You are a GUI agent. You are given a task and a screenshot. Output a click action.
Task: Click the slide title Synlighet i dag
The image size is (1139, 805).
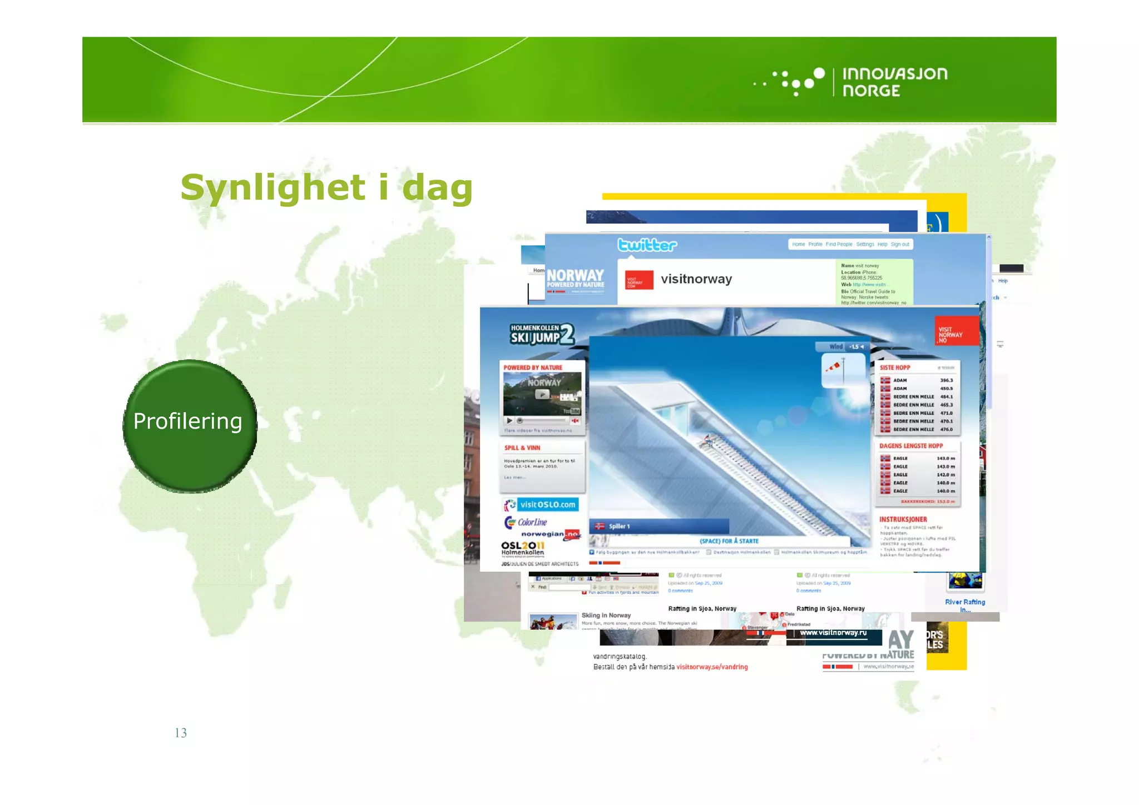(x=326, y=187)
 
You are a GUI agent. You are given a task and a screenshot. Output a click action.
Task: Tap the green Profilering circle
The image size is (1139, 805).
(x=190, y=425)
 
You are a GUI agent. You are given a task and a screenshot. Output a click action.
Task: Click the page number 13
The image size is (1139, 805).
(x=181, y=733)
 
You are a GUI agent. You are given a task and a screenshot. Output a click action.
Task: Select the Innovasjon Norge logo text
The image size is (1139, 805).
(x=894, y=82)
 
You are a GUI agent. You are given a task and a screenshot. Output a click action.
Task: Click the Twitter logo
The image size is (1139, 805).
(x=647, y=245)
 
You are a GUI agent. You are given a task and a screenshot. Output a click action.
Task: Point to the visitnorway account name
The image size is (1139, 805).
(x=696, y=279)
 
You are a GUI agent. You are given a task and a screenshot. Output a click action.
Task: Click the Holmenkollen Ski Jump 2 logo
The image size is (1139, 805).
(x=541, y=334)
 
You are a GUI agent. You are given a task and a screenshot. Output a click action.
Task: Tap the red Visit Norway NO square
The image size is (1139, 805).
(x=957, y=331)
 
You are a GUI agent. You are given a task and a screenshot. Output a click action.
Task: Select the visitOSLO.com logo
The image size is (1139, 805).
(x=541, y=504)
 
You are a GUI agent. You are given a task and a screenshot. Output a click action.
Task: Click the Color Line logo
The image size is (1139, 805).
(x=526, y=522)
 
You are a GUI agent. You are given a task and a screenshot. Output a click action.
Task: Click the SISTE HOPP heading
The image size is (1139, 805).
(x=895, y=367)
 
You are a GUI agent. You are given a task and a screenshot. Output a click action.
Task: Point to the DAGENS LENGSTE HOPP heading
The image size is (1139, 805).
(x=911, y=446)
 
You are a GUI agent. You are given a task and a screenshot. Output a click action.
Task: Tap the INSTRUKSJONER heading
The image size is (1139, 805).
(x=903, y=519)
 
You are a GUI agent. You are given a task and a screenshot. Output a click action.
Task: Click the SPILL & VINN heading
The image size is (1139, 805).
(x=522, y=448)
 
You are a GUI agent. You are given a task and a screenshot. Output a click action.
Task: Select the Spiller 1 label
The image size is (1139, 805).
(x=618, y=526)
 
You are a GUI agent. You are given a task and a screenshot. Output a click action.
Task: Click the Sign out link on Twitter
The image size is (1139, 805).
(x=900, y=244)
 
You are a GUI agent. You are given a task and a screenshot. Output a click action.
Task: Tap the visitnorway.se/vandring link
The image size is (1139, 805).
(x=712, y=667)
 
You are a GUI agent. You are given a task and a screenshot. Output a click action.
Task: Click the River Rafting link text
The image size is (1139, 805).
(x=965, y=602)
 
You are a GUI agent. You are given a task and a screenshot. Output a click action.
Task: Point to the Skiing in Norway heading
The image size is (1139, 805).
(x=606, y=615)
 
